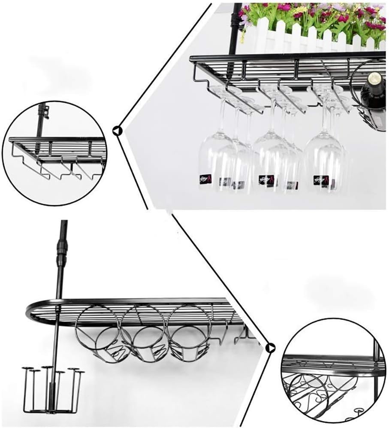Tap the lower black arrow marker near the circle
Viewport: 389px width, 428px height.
270,347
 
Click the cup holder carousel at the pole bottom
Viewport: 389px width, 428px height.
52,389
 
